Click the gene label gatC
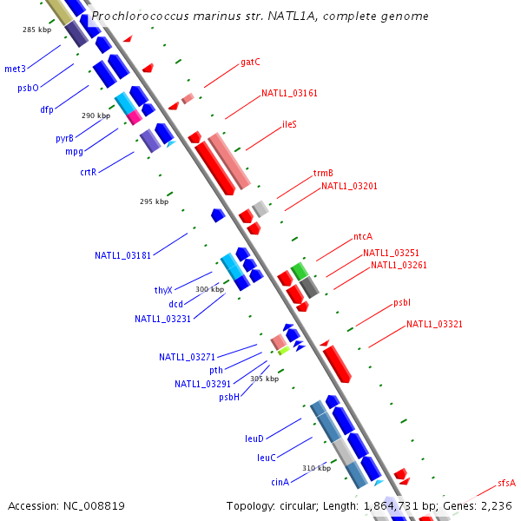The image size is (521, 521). click(x=250, y=63)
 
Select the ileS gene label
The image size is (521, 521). click(x=289, y=124)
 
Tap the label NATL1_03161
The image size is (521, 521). click(x=289, y=93)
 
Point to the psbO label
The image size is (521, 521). click(x=28, y=88)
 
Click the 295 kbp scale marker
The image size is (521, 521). click(x=155, y=201)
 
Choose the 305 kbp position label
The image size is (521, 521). click(x=265, y=379)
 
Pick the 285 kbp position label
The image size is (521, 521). click(x=36, y=30)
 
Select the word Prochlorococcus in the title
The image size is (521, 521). click(x=140, y=16)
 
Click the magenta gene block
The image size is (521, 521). click(x=135, y=117)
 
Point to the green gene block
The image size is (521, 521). click(x=300, y=271)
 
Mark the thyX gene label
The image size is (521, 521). click(x=163, y=290)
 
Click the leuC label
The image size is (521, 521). click(x=267, y=458)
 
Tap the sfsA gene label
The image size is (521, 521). click(x=507, y=483)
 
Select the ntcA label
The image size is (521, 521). click(x=363, y=236)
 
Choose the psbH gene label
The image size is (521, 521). click(x=229, y=397)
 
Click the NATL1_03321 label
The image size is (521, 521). click(x=434, y=324)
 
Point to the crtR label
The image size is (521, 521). click(x=88, y=172)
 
